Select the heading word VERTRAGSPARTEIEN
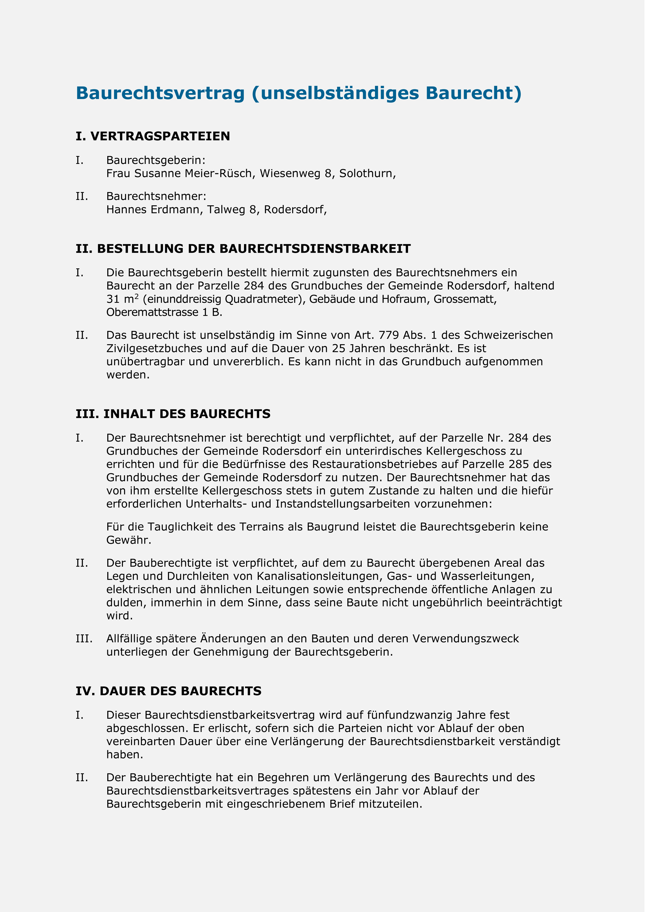click(160, 136)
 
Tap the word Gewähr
click(129, 540)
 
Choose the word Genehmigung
click(231, 652)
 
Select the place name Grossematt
click(465, 300)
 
